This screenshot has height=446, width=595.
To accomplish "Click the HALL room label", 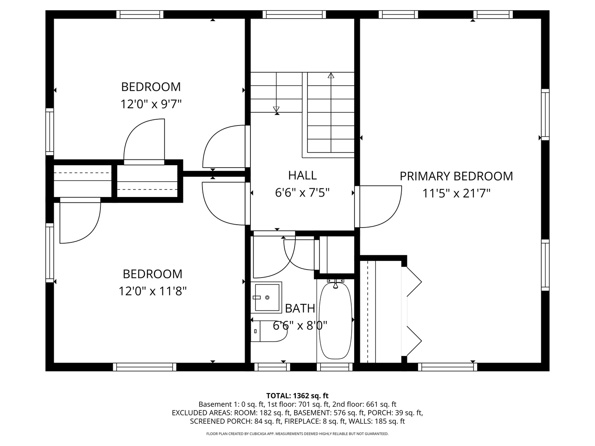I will pos(302,175).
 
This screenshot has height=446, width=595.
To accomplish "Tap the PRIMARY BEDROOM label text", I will pos(456,176).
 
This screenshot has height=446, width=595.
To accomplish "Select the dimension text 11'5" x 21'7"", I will pos(456,193).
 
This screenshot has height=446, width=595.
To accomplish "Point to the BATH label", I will pos(300,308).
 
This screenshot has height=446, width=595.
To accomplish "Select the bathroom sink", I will pos(267,297).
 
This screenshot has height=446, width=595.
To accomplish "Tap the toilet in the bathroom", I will pos(269,331).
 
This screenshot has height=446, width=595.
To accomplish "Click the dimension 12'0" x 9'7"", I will pos(151,104).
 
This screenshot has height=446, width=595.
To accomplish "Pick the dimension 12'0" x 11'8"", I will pos(153,292).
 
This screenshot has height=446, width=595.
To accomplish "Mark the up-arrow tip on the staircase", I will pos(331,75).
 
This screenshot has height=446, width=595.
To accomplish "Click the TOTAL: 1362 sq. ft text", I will pos(297,396).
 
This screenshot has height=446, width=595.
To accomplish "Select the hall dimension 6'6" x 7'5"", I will pos(302,192).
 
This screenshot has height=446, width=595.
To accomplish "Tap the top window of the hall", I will pos(294,14).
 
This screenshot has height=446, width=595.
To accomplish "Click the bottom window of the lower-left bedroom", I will pos(145,367).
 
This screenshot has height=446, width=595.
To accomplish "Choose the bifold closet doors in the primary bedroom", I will pos(413,312).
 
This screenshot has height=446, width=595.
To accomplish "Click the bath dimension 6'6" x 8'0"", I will pos(300,326).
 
